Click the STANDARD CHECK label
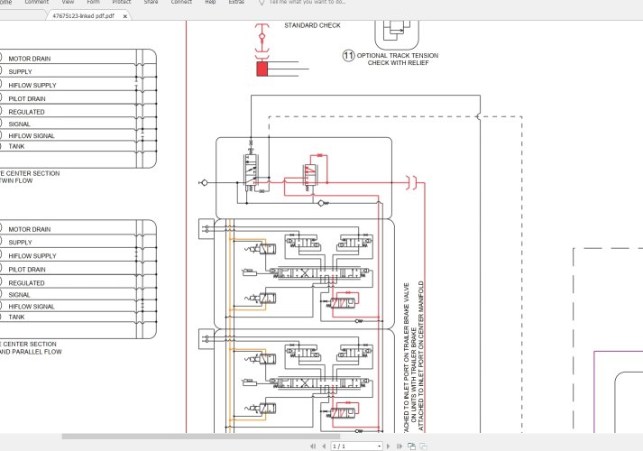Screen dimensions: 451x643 pos(312,25)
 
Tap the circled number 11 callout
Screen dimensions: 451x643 pos(348,55)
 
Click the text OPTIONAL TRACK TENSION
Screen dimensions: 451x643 pos(397,55)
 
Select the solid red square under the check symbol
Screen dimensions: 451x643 pos(262,69)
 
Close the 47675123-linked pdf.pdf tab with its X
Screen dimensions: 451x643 pos(124,16)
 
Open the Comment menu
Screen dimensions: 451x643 pos(37,3)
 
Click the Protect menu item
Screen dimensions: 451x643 pos(121,3)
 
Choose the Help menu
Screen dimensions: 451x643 pos(210,3)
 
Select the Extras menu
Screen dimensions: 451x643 pos(236,3)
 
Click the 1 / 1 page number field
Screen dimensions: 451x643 pos(356,446)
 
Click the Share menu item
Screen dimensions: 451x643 pos(151,3)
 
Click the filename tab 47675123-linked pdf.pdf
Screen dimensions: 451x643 pos(83,16)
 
